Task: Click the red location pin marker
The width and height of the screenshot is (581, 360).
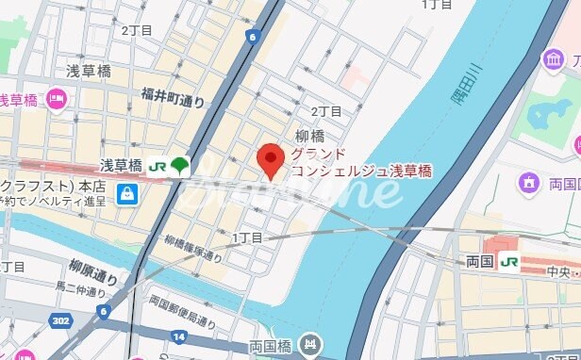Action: tap(272, 159)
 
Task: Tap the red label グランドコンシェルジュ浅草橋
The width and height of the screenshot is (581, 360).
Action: tap(360, 162)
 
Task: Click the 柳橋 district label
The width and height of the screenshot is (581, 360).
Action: tap(310, 135)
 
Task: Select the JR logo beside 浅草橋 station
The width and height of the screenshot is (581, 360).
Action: tap(157, 167)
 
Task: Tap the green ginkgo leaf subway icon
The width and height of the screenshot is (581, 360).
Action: tap(179, 167)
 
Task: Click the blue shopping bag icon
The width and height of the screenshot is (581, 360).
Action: tap(126, 194)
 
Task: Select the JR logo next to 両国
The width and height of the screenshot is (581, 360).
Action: tap(510, 261)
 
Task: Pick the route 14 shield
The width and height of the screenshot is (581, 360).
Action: tap(179, 335)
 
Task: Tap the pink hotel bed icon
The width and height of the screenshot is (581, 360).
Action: tap(56, 98)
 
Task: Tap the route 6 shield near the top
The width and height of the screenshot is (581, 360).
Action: tap(252, 37)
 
